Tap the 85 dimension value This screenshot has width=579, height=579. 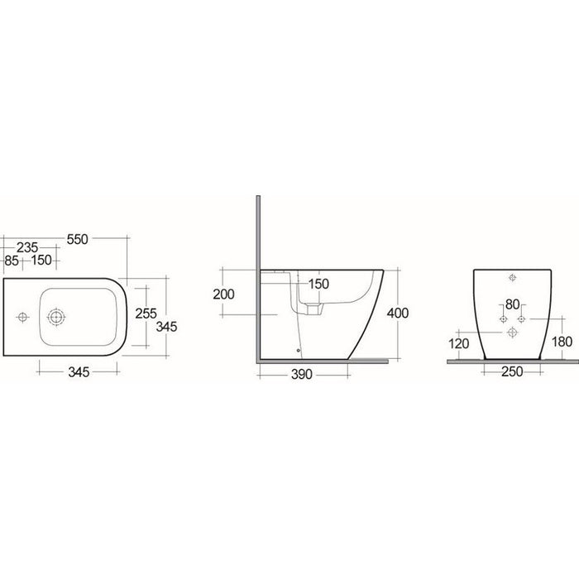point(11,261)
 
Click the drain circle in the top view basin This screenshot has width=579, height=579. point(56,316)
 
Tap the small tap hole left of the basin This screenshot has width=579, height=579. point(22,316)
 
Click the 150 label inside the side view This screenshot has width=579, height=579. point(318,284)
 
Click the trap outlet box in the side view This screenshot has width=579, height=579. point(313,307)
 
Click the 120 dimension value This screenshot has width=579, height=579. point(459,344)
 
